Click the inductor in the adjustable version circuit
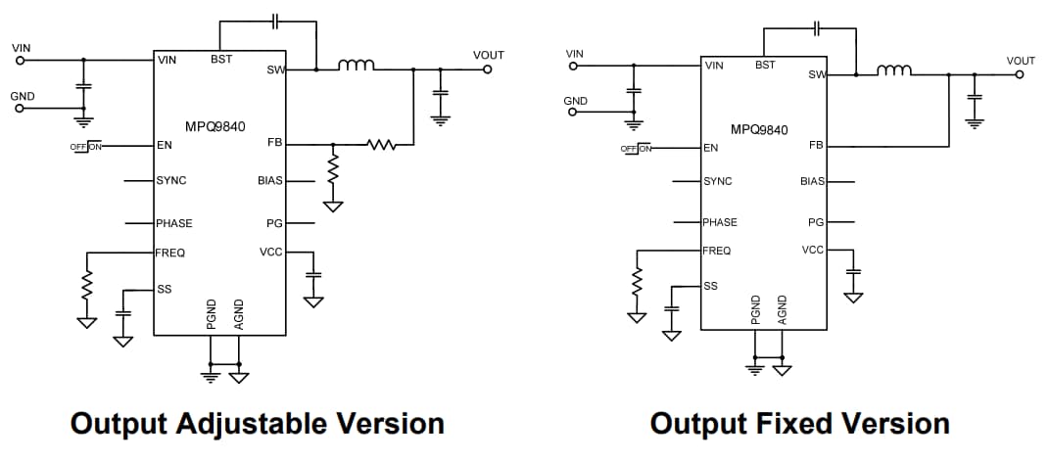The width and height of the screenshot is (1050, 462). click(356, 66)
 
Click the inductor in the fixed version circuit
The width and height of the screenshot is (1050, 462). click(895, 70)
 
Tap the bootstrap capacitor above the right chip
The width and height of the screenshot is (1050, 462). click(816, 27)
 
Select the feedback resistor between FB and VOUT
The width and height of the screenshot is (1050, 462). click(379, 146)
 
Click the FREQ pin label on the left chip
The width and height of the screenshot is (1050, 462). click(170, 253)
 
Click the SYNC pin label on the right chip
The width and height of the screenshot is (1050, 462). click(718, 181)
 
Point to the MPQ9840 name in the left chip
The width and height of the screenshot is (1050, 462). click(215, 126)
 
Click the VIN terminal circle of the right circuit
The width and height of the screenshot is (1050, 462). click(574, 67)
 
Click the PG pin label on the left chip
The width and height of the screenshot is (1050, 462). click(274, 223)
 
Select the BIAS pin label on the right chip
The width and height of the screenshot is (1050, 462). click(812, 181)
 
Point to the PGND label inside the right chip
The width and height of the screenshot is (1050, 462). click(755, 309)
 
